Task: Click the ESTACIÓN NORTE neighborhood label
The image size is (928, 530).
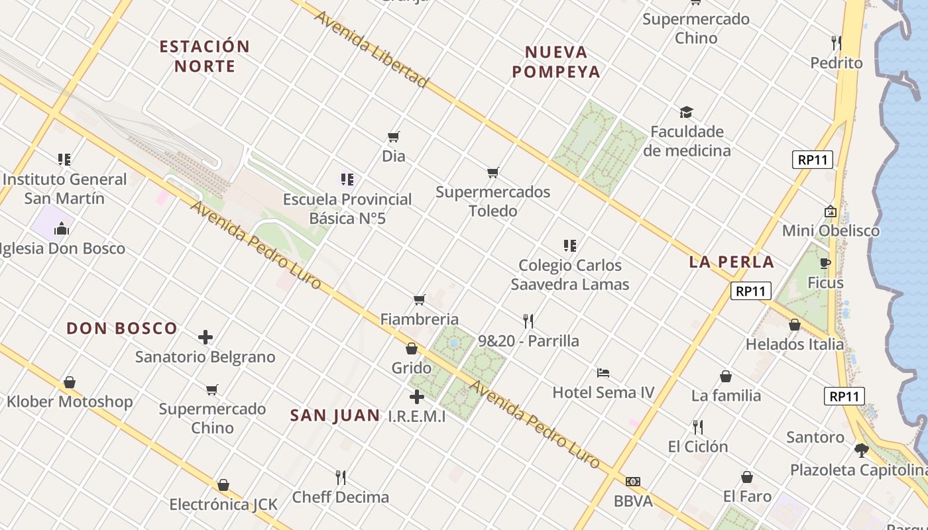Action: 205,56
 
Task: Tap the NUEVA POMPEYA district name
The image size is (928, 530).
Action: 555,62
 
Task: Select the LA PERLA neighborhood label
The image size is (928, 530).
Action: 732,262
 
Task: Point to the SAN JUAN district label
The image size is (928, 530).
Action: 335,415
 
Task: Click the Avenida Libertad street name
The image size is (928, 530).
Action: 371,48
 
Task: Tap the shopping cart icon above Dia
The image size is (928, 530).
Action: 394,137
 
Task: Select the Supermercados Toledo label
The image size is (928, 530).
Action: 493,201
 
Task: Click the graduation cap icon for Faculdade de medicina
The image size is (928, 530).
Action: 686,113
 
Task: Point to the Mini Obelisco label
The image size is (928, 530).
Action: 831,231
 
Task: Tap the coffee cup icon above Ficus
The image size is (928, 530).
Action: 825,263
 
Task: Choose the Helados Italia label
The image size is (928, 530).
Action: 795,344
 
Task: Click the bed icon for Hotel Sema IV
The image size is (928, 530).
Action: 603,373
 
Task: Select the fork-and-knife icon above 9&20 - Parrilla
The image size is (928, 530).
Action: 528,321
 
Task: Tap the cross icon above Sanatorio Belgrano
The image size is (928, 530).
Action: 205,337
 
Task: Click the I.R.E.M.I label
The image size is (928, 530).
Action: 417,417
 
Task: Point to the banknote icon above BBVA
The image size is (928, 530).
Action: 633,482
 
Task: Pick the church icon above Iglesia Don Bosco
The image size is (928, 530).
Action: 62,229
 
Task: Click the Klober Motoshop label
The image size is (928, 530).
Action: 70,401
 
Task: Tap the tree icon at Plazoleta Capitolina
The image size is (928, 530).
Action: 861,450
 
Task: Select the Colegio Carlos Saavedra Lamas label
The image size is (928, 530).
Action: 569,275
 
